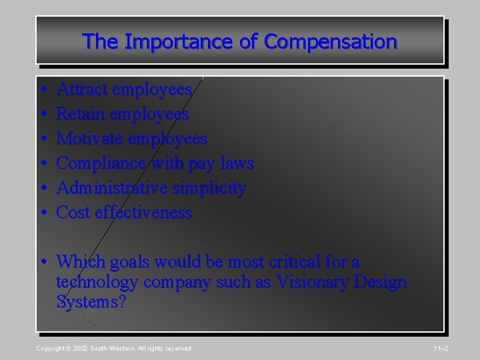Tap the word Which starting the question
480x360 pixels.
[79, 260]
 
